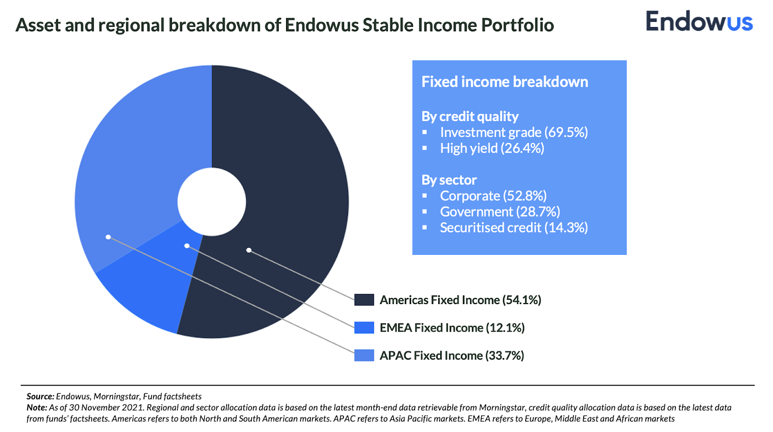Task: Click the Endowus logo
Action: tap(699, 22)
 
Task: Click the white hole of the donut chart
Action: tap(212, 202)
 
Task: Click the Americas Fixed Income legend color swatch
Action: tap(364, 300)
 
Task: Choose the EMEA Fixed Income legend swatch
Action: tap(364, 328)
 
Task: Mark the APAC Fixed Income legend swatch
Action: tap(364, 356)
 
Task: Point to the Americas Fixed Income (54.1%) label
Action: tap(460, 300)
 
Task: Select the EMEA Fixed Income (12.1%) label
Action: tap(452, 328)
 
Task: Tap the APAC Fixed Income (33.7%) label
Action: tap(452, 356)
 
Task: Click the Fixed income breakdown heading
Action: tap(504, 82)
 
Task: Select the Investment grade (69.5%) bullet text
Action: tap(514, 132)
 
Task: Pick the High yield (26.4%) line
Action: tap(492, 148)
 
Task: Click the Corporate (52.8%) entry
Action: tap(493, 196)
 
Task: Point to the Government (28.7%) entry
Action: tap(500, 212)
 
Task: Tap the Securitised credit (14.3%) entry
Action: tap(514, 228)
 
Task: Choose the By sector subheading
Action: tap(449, 180)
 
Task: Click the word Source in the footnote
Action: tap(40, 397)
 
